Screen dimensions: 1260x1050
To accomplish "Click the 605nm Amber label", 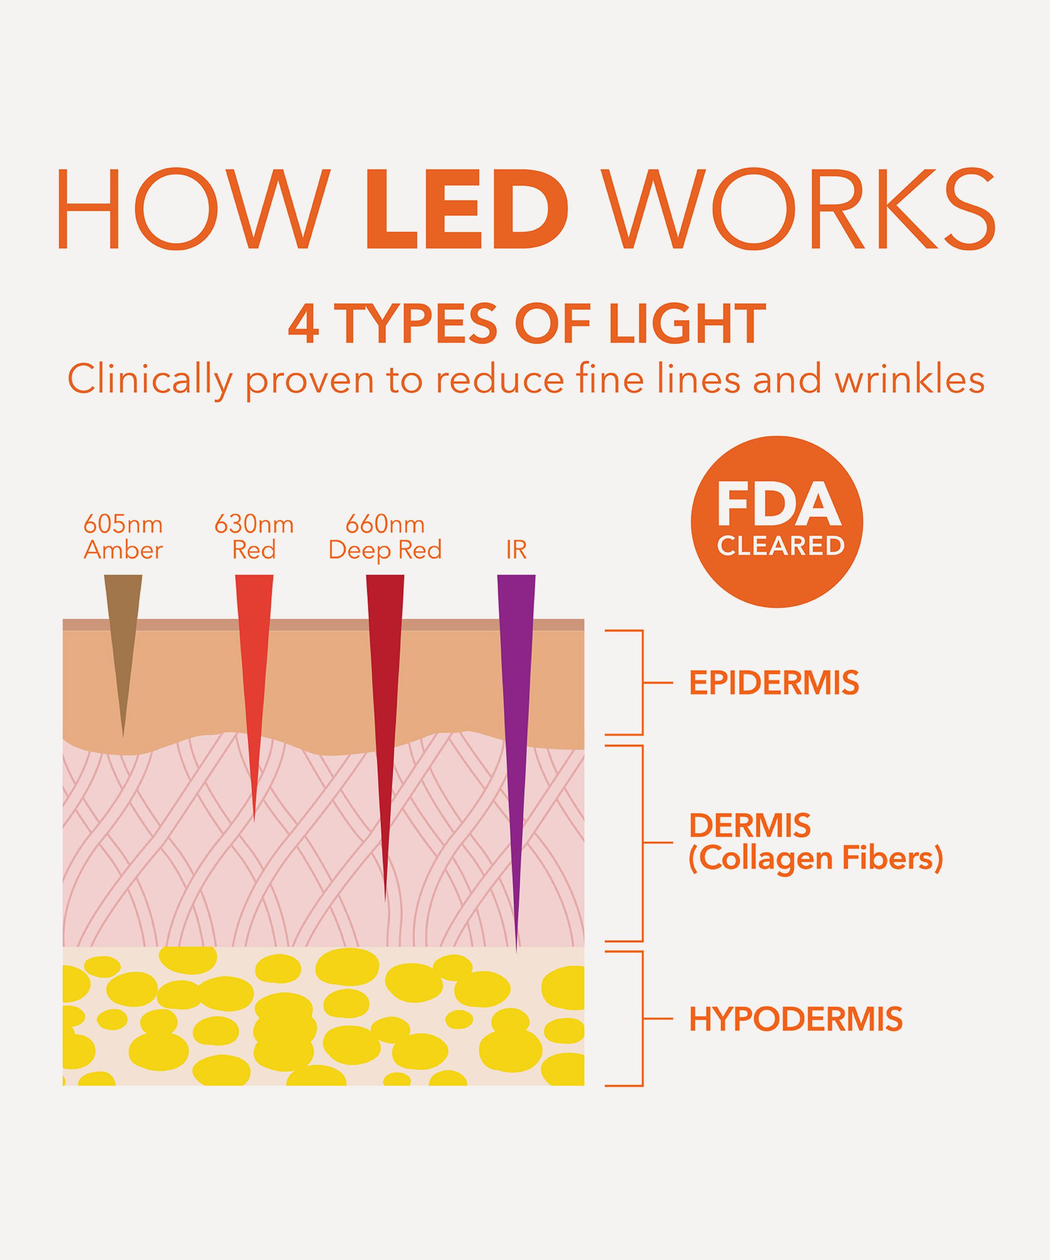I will pos(123,537).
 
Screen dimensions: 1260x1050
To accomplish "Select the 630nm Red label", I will pos(254,537).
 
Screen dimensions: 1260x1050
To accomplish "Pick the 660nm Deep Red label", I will pos(385,537).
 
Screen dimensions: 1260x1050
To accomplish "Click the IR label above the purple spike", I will pos(516,550).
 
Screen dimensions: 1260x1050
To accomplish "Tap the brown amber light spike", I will pos(123,636).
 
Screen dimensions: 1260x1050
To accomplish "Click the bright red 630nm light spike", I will pos(254,672).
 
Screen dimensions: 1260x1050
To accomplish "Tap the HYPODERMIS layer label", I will pos(795,1019).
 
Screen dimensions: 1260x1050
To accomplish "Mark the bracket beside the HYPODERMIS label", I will pos(641,1019).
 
